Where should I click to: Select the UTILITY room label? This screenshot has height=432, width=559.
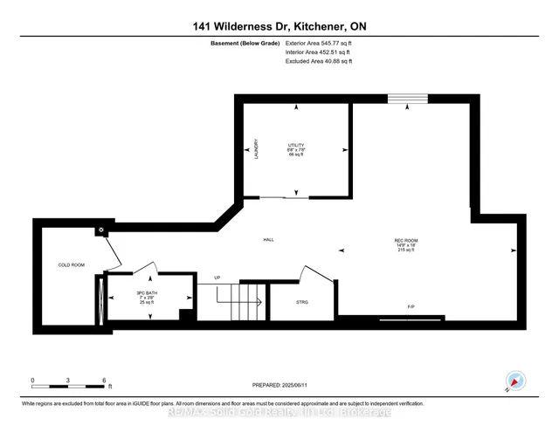(296, 145)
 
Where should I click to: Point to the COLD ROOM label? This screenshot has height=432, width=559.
(71, 264)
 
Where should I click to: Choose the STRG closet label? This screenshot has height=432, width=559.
(301, 302)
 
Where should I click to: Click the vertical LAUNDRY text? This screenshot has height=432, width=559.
(256, 148)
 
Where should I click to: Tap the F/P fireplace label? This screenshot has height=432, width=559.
(411, 307)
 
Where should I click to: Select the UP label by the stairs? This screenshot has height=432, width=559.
(217, 278)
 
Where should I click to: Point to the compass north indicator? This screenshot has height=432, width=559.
(514, 381)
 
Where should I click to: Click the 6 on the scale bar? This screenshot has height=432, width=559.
(104, 381)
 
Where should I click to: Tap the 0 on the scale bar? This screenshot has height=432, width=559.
(33, 381)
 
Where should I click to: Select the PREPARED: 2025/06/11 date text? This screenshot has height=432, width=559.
(279, 383)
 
